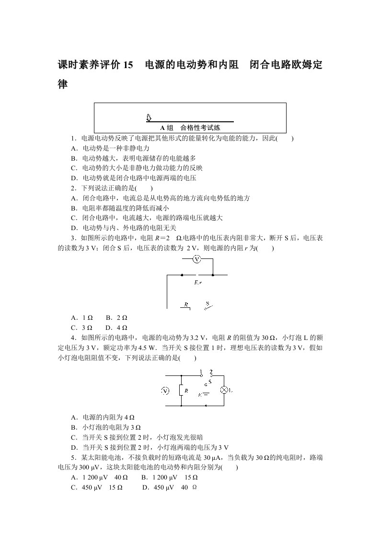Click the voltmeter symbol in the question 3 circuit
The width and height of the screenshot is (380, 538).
(x=196, y=259)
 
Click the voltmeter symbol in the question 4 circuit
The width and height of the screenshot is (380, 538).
(x=165, y=390)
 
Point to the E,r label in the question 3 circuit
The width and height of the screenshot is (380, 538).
(x=198, y=283)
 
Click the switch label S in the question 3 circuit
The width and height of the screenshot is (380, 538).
(x=207, y=303)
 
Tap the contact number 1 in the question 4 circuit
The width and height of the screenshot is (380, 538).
(x=201, y=371)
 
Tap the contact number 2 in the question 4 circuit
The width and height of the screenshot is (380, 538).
(x=211, y=371)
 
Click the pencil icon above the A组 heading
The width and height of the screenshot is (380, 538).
(x=149, y=117)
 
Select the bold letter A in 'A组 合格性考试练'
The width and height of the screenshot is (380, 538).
(x=162, y=128)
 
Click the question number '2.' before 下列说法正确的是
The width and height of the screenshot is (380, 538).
(x=73, y=188)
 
